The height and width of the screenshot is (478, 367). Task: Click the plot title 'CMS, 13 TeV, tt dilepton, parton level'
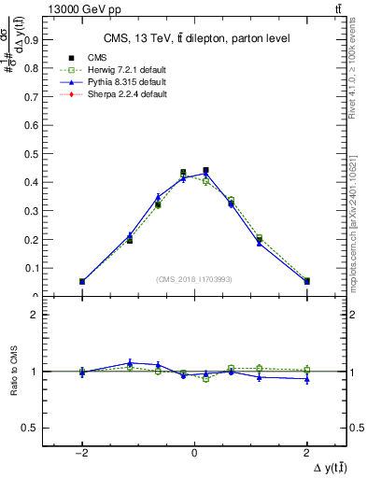tap(194, 38)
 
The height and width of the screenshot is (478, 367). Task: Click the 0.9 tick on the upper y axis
tap(35, 39)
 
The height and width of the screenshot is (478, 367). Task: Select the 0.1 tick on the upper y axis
tap(35, 268)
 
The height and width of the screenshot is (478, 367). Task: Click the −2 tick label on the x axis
tap(82, 452)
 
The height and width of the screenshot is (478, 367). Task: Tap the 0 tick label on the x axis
tap(194, 452)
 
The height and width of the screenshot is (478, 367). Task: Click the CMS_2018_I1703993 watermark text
tap(194, 279)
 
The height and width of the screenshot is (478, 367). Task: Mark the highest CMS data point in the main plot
tap(205, 171)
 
